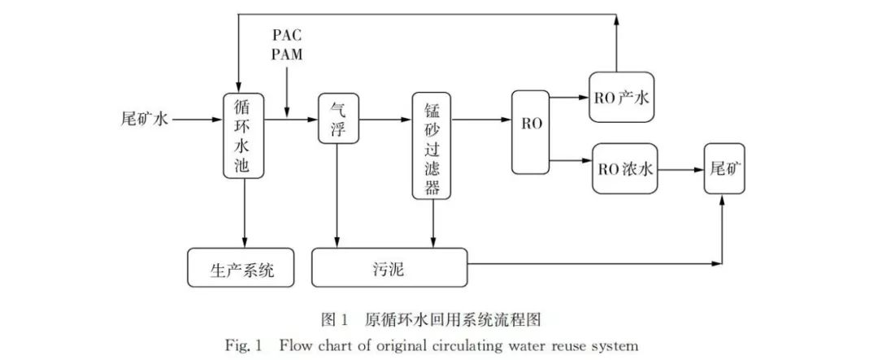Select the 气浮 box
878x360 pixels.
tap(338, 120)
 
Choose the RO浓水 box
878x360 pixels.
tap(624, 169)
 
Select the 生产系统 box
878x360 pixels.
tap(241, 267)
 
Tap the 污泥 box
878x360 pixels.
tap(390, 267)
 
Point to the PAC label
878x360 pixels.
tap(289, 37)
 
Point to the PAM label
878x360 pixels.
tap(289, 55)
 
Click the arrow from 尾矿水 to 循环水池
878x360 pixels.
tap(198, 120)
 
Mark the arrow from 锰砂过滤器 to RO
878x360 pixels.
tap(480, 120)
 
